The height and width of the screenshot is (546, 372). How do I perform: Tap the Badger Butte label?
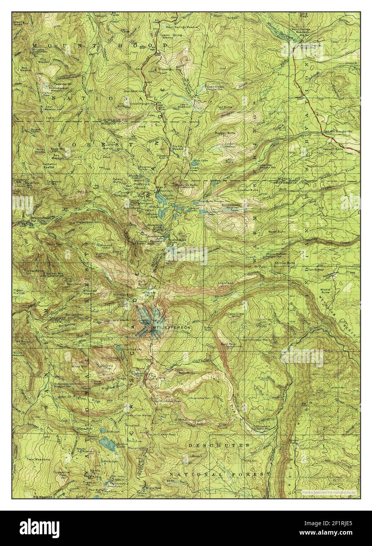224,134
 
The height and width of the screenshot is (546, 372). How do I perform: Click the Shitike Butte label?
284,263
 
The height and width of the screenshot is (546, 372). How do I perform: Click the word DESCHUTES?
218,445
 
